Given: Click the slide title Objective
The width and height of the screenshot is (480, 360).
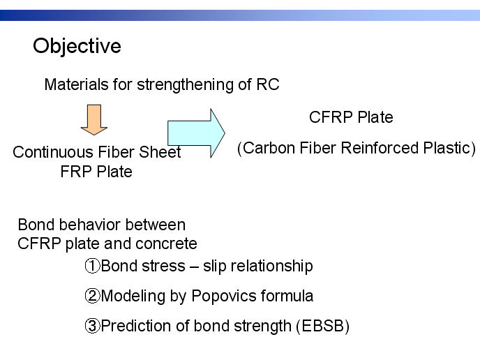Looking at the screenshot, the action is [77, 47].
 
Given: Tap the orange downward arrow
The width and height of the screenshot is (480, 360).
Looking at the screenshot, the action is [94, 120].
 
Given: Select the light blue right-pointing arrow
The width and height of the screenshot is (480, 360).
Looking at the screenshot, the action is [196, 133].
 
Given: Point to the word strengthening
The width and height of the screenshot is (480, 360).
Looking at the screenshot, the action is [185, 85].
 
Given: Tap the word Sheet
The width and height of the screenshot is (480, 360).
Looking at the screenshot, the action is [160, 152].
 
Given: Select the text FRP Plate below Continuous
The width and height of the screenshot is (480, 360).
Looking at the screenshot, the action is [96, 172].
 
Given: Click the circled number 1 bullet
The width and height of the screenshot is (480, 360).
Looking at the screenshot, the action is [92, 266].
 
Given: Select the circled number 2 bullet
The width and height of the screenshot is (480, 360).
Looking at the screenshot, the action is [92, 296].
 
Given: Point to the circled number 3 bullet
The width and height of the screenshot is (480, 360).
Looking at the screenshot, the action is [92, 326].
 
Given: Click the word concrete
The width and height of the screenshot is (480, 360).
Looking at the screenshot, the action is [166, 244].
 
